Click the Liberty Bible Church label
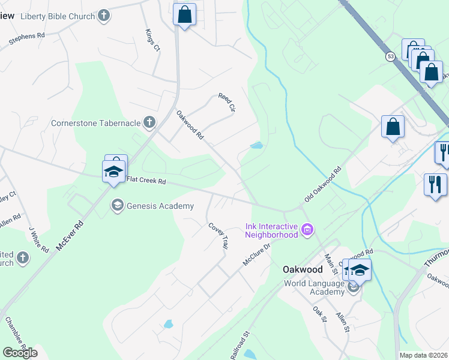[x=58, y=16]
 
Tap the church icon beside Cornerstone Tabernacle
[x=149, y=123]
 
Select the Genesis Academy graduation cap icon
[x=117, y=206]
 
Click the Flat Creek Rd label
[x=145, y=180]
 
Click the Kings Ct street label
[x=152, y=40]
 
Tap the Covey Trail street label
[x=218, y=236]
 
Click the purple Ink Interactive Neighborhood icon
[x=308, y=229]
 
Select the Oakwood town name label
[x=303, y=269]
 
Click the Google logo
[x=20, y=353]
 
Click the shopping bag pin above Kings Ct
[x=185, y=15]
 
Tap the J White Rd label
[x=38, y=239]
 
